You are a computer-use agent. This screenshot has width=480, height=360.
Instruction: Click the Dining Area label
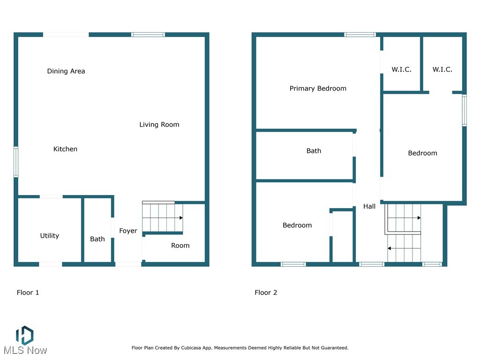pyautogui.click(x=66, y=71)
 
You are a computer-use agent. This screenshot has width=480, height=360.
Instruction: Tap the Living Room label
pyautogui.click(x=159, y=125)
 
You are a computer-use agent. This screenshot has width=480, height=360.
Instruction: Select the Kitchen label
pyautogui.click(x=65, y=149)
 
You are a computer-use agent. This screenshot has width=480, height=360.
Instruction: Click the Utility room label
pyautogui.click(x=49, y=236)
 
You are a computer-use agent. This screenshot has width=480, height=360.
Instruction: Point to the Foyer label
pyautogui.click(x=128, y=231)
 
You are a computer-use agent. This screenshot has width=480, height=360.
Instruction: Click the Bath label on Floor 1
pyautogui.click(x=97, y=239)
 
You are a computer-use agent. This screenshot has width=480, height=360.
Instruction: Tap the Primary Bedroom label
pyautogui.click(x=318, y=89)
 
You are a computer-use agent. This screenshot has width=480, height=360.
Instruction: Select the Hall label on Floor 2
pyautogui.click(x=369, y=206)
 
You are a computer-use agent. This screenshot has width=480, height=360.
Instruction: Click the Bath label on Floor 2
pyautogui.click(x=314, y=151)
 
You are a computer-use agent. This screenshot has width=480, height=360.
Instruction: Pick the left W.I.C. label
pyautogui.click(x=401, y=70)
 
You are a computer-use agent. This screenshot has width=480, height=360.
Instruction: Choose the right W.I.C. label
pyautogui.click(x=442, y=70)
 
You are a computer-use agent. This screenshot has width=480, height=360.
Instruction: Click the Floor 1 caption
pyautogui.click(x=28, y=292)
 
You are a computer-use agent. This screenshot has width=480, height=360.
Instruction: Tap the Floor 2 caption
pyautogui.click(x=266, y=292)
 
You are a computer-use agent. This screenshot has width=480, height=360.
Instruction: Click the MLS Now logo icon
pyautogui.click(x=24, y=335)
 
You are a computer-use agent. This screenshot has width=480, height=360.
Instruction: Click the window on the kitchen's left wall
pyautogui.click(x=15, y=162)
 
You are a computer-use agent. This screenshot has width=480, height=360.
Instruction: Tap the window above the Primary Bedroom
pyautogui.click(x=360, y=34)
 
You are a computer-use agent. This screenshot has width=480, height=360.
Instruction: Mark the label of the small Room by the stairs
pyautogui.click(x=180, y=246)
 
